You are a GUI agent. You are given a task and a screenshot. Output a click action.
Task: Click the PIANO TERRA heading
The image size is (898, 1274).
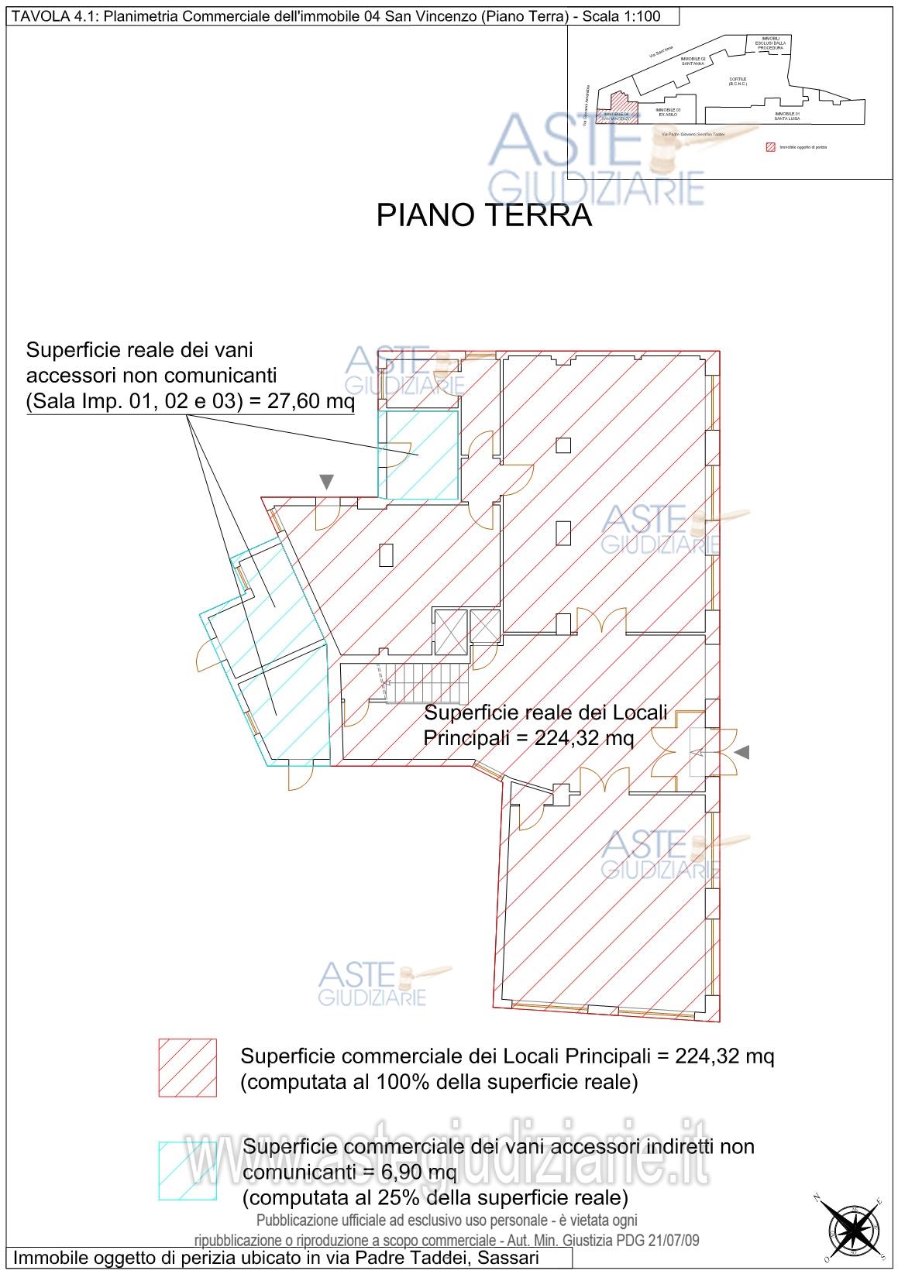pyautogui.click(x=483, y=216)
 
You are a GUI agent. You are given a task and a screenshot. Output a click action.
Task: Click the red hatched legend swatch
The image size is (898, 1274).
pyautogui.click(x=188, y=1068)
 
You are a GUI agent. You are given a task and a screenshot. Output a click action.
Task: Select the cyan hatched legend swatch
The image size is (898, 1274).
pyautogui.click(x=188, y=1169)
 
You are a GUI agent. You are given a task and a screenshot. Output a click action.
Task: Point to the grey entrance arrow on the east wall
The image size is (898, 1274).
pyautogui.click(x=742, y=752)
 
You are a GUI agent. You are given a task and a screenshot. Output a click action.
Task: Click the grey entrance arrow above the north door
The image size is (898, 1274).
pyautogui.click(x=326, y=482)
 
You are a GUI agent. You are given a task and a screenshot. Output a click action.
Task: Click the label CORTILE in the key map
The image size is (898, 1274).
pyautogui.click(x=737, y=81)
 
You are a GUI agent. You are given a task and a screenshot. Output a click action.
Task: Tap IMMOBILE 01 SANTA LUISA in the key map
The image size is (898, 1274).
pyautogui.click(x=786, y=116)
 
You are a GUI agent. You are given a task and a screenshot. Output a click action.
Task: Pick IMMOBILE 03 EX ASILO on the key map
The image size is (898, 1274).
pyautogui.click(x=668, y=112)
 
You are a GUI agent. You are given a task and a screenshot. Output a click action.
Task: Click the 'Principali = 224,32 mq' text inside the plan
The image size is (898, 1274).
pyautogui.click(x=528, y=738)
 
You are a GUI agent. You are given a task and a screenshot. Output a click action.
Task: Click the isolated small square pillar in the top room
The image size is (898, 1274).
pyautogui.click(x=563, y=445)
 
